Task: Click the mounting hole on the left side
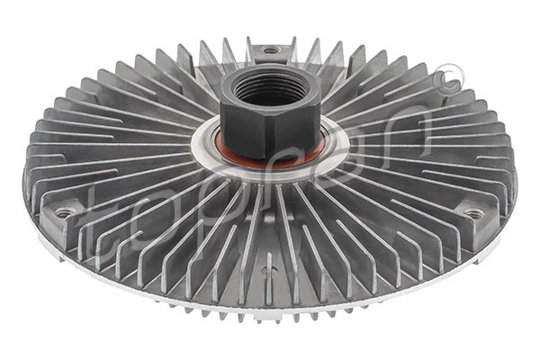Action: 65,213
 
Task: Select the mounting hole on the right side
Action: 473,214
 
